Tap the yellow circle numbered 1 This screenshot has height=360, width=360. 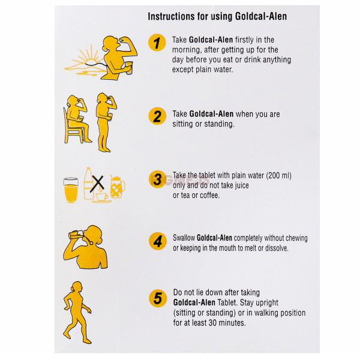157,43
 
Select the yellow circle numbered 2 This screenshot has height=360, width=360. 157,116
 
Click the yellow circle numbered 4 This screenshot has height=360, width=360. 158,241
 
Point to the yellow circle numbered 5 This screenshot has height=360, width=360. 158,298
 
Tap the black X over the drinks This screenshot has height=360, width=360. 97,184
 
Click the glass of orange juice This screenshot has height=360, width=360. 71,190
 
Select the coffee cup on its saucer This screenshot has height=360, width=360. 102,198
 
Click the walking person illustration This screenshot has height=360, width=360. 77,313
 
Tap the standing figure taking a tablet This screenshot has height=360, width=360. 106,122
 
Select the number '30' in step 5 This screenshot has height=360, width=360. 212,323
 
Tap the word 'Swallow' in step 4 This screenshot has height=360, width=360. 184,238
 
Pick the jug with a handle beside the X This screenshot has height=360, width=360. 118,187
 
